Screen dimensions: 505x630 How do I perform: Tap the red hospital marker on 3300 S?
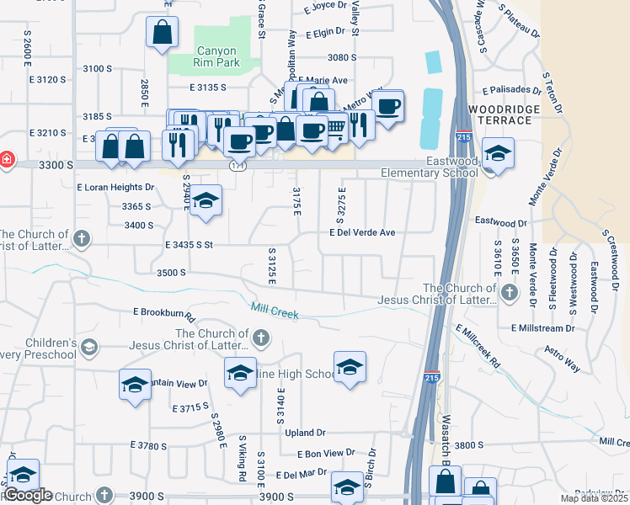[5, 159]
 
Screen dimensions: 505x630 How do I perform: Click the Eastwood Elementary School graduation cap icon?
[498, 154]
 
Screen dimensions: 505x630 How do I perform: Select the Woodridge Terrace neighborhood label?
[500, 115]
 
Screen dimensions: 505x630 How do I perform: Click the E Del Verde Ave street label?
[362, 232]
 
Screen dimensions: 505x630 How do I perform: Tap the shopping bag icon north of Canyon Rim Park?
[162, 34]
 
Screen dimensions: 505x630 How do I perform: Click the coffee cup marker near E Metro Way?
[387, 107]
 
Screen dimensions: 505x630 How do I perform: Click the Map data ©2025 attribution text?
[593, 499]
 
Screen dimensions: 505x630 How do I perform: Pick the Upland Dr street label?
[305, 433]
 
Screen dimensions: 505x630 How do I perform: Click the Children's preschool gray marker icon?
[89, 346]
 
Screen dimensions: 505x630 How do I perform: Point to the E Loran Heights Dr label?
[116, 188]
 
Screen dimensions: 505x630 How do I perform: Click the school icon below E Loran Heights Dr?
[205, 202]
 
